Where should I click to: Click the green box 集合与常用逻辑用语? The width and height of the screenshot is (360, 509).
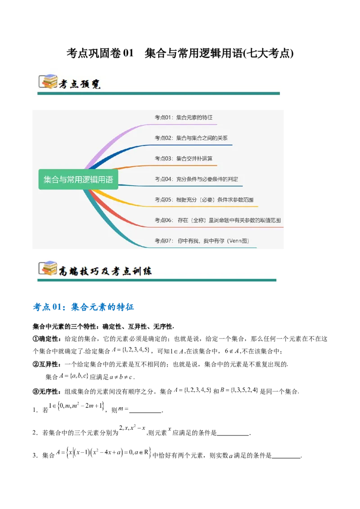(78, 180)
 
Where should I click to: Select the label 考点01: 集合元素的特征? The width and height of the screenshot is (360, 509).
(184, 117)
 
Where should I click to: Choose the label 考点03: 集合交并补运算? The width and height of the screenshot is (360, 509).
(184, 158)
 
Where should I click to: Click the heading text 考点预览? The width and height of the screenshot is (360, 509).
(80, 84)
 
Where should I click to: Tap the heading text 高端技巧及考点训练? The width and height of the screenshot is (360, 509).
(105, 271)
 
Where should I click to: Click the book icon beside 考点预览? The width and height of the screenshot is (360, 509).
(48, 81)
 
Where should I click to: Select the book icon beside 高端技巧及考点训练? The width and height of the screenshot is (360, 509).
(48, 268)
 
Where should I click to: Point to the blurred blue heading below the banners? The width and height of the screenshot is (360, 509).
(84, 308)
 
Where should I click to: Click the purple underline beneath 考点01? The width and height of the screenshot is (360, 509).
(189, 125)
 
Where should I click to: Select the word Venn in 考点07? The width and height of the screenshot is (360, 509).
(235, 241)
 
